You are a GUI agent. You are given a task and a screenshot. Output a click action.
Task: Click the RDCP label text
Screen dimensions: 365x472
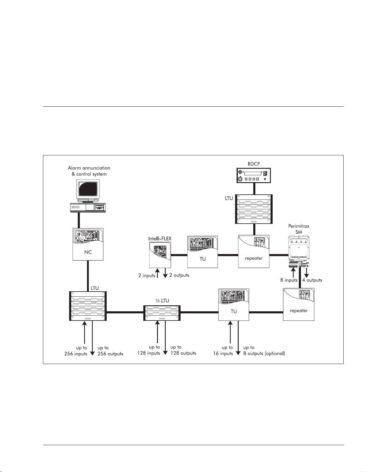[254, 164]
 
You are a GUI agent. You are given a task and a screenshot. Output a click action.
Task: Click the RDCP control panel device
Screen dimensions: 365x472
[254, 175]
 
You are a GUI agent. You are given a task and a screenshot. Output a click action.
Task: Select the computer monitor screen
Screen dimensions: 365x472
[88, 189]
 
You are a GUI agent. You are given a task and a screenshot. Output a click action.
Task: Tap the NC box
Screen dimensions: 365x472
[88, 244]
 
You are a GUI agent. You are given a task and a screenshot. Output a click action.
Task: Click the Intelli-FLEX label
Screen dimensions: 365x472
[160, 239]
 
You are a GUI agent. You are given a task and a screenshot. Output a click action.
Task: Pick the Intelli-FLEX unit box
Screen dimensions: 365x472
[160, 255]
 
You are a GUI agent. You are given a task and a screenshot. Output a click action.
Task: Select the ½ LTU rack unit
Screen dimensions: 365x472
[162, 313]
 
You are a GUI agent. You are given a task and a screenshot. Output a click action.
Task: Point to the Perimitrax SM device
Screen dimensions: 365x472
[299, 252]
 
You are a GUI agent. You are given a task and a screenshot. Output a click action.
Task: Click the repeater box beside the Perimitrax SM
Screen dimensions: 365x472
[254, 251]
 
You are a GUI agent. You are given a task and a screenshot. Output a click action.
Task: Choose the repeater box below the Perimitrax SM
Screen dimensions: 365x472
[299, 304]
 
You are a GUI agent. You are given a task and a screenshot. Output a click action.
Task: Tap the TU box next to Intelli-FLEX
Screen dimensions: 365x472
[203, 252]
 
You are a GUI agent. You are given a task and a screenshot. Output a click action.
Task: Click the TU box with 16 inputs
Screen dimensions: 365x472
[234, 304]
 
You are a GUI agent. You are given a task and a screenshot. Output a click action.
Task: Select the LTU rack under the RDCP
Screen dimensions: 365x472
[254, 209]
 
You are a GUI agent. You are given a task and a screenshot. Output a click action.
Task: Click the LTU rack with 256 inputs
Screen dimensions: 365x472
[88, 306]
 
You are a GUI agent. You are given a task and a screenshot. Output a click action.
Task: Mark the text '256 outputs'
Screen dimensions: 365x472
[110, 354]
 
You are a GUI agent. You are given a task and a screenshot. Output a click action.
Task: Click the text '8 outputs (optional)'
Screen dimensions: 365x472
[264, 353]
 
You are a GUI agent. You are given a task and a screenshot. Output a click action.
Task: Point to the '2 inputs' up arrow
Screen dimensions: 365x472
[158, 273]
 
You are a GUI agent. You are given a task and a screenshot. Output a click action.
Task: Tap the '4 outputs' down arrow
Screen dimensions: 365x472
[306, 273]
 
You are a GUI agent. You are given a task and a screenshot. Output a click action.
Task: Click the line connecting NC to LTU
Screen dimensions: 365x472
[88, 276]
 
